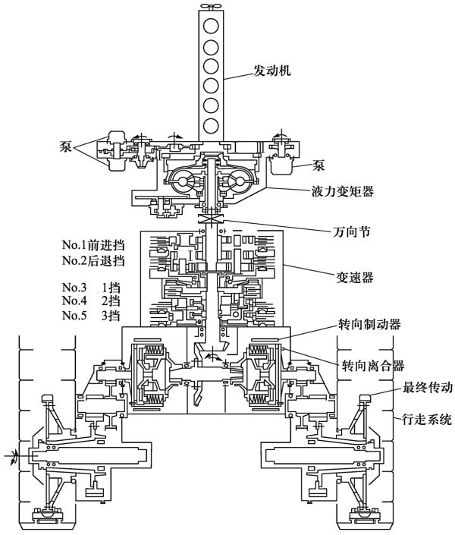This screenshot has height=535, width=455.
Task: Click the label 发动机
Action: pos(271,71)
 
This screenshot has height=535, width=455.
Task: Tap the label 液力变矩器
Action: pos(342,191)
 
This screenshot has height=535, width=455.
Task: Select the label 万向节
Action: pos(351,232)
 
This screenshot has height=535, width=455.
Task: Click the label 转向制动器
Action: pos(369,324)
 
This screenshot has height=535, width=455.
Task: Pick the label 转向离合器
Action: pos(373,366)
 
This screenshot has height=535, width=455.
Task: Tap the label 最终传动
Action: pos(428,387)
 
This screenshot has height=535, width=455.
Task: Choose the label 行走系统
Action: pos(427,419)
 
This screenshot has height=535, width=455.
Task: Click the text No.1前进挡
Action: pos(93,244)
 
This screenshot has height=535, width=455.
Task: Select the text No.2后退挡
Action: pos(93,260)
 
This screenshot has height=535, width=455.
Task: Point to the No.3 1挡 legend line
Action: pos(91,288)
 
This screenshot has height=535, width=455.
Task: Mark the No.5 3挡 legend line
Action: pos(91,315)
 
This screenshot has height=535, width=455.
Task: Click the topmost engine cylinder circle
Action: pos(211,27)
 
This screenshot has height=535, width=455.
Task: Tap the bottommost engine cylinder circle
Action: pos(211,126)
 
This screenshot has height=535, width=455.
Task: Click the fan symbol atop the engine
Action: pos(211,6)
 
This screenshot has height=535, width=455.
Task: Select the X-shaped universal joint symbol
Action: pos(212,219)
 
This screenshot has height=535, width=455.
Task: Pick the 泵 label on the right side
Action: pos(318,165)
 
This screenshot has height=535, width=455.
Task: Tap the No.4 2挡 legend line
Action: pos(91,301)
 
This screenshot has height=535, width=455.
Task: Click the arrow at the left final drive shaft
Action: pos(13,456)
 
